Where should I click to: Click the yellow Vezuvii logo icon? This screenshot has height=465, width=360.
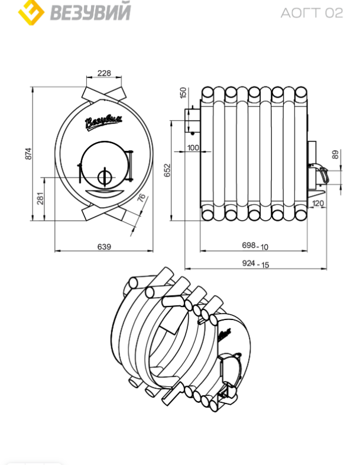(31, 12)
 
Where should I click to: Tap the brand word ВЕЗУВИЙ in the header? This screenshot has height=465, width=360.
(90, 12)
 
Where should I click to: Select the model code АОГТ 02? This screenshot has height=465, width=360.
(312, 13)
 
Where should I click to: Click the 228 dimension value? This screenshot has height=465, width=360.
(104, 73)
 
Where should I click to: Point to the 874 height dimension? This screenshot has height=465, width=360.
(28, 154)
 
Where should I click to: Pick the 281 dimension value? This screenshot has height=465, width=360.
(40, 198)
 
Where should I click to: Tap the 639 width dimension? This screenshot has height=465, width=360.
(104, 247)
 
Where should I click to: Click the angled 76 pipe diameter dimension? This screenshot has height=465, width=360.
(142, 198)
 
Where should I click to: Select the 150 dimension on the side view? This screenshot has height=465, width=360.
(183, 92)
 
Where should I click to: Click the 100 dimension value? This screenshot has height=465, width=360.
(193, 147)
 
